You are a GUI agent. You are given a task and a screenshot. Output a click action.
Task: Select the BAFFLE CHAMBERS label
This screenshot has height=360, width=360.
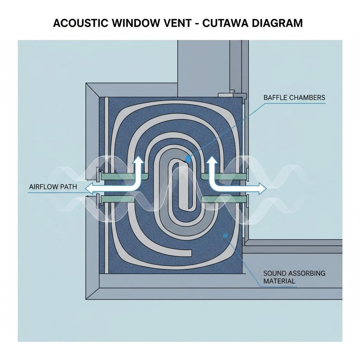tap(294, 97)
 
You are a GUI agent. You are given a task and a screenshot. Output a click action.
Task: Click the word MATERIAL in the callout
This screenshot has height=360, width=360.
tap(279, 281)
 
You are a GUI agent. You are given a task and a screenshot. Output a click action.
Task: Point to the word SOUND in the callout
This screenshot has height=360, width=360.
tap(275, 273)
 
